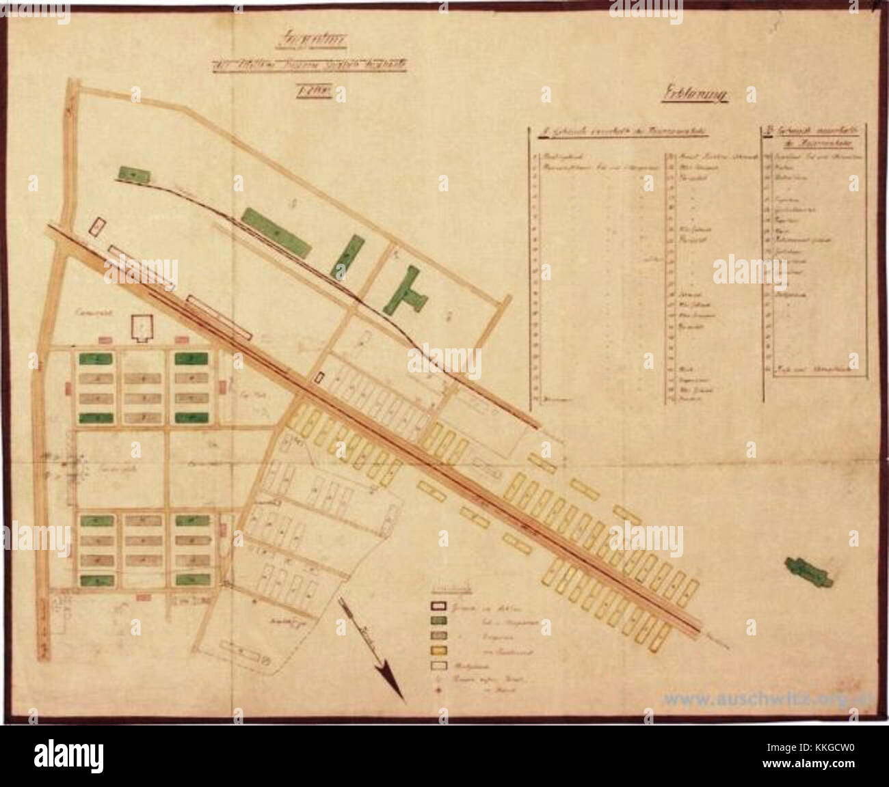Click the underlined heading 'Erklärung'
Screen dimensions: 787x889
point(693,96)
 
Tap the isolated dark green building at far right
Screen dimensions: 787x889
point(809,570)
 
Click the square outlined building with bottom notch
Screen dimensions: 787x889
point(142,329)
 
